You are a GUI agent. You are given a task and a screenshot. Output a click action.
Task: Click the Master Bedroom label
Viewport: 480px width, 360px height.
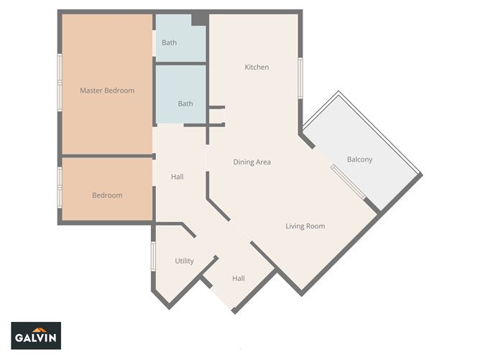tap(107, 91)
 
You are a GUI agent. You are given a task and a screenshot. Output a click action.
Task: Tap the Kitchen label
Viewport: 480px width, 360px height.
tap(257, 68)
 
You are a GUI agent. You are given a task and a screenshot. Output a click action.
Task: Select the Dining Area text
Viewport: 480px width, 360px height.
tap(252, 162)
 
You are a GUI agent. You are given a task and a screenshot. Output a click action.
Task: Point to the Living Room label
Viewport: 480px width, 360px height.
tap(305, 226)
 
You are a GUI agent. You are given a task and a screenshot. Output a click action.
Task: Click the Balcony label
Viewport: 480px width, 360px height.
tap(359, 160)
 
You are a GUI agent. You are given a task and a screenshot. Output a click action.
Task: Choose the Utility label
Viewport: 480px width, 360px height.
tap(185, 261)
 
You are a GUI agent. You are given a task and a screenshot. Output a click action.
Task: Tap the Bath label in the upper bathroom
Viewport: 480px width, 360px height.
tap(169, 43)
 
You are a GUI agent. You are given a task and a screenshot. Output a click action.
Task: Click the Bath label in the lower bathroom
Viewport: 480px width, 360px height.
tap(185, 103)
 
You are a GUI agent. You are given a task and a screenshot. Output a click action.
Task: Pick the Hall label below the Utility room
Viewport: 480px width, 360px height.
tap(239, 278)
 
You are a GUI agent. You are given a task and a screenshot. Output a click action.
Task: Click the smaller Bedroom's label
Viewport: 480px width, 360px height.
tap(107, 195)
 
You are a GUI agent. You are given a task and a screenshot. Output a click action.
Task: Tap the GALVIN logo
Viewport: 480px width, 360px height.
tap(36, 336)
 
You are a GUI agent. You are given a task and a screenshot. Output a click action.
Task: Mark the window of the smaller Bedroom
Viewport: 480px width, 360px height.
tap(60, 188)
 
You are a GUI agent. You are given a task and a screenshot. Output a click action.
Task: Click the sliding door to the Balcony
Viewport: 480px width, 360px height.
tap(349, 184)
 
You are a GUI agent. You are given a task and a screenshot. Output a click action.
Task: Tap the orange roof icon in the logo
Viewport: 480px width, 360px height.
tap(36, 328)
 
